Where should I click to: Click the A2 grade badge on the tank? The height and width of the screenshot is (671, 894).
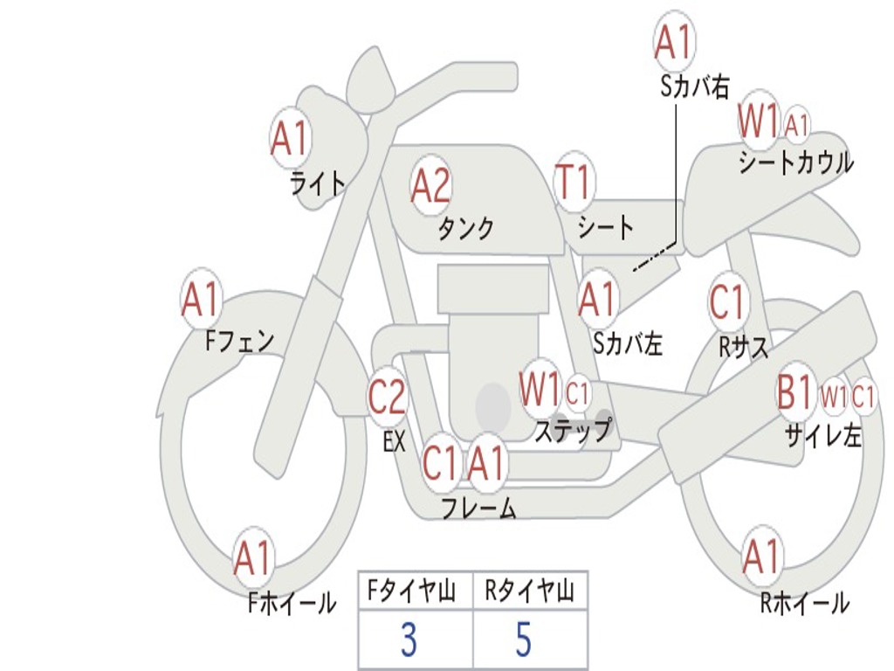tap(430, 183)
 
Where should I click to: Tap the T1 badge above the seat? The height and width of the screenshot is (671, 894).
tap(574, 183)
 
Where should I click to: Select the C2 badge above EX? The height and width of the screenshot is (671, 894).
tap(388, 398)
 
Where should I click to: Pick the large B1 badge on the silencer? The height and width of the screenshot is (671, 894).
tap(795, 393)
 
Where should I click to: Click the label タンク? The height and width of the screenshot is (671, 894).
tap(465, 229)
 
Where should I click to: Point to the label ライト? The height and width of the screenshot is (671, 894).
tap(318, 183)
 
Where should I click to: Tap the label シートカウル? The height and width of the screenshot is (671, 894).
tap(795, 163)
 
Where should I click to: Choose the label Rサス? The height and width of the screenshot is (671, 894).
tap(744, 348)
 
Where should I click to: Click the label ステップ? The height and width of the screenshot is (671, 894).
tap(573, 432)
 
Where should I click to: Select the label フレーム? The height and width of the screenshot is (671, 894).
tap(478, 508)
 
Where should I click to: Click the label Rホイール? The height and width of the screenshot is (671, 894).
tap(804, 603)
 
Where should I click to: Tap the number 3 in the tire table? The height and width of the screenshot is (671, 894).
tap(408, 641)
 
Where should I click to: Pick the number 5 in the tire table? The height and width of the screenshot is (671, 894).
tap(523, 641)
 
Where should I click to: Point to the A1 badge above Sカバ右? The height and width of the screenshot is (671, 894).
tap(674, 42)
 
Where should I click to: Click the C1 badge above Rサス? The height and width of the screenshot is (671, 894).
tap(727, 302)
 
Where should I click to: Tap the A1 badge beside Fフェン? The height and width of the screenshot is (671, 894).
tap(201, 300)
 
